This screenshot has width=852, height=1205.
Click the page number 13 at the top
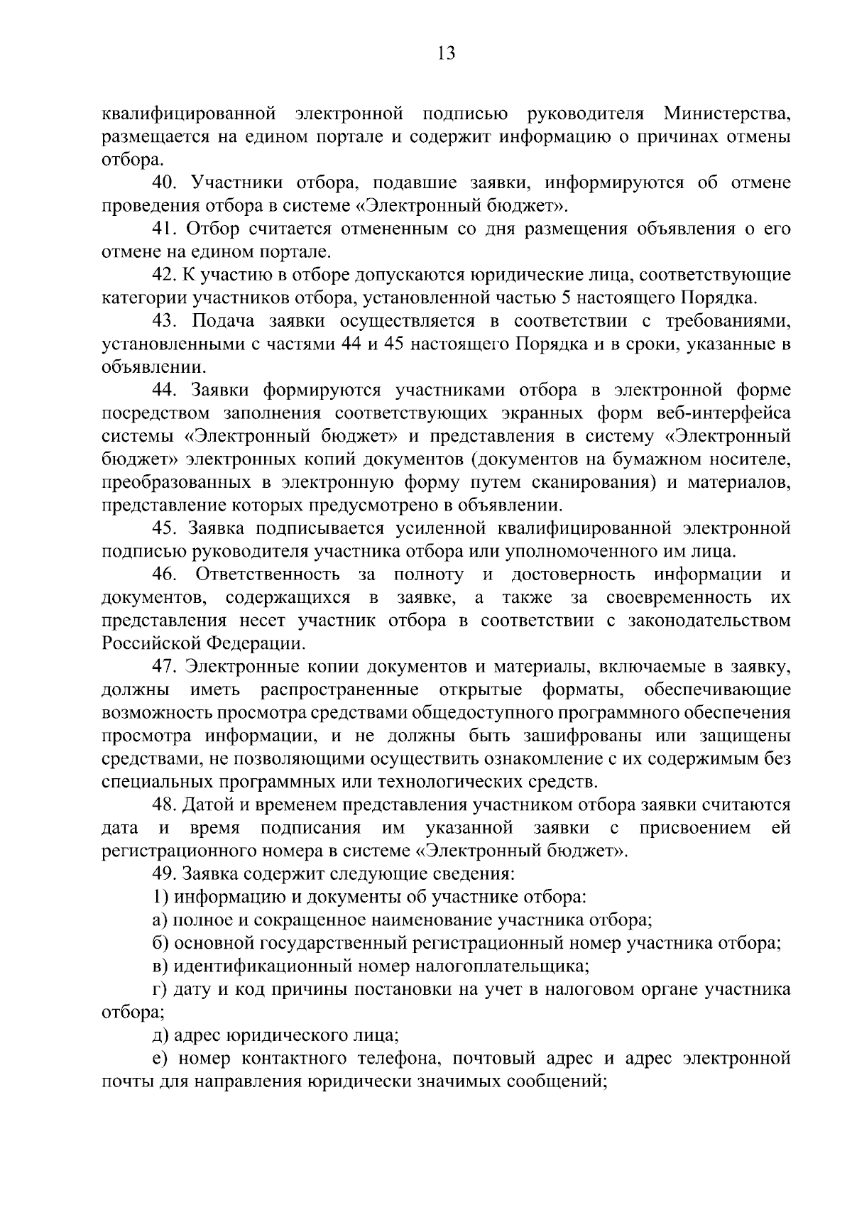click(x=447, y=55)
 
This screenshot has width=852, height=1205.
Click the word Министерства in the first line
click(x=727, y=114)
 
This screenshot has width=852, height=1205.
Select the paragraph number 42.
click(x=165, y=275)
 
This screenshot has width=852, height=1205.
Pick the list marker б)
click(x=160, y=943)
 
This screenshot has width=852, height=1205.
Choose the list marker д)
click(x=160, y=1035)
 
